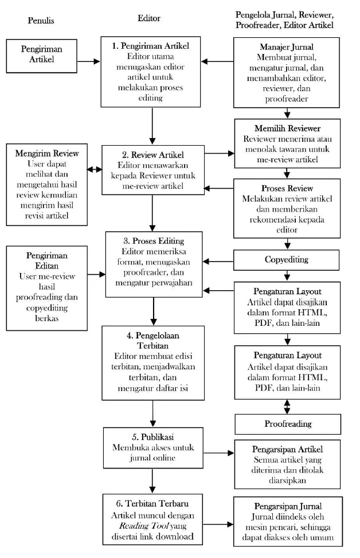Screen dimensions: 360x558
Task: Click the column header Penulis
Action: click(x=41, y=20)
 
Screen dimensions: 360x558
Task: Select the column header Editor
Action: click(x=148, y=18)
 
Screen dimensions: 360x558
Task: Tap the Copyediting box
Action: click(x=287, y=260)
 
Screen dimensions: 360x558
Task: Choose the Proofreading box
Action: click(x=288, y=424)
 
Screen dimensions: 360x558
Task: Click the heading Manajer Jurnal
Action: click(x=287, y=47)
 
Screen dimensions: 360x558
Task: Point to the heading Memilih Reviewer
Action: click(x=287, y=128)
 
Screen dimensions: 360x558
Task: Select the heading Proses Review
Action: click(x=287, y=188)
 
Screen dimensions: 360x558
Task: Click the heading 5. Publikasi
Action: click(x=152, y=437)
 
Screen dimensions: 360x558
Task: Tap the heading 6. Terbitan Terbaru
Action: click(x=152, y=504)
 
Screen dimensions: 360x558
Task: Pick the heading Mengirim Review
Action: click(x=46, y=153)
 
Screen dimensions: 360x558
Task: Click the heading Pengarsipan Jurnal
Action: click(x=288, y=506)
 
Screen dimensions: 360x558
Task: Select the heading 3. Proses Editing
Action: click(x=154, y=241)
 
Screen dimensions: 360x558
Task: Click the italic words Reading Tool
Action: click(x=143, y=526)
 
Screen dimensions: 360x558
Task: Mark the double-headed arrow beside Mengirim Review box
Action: click(x=95, y=170)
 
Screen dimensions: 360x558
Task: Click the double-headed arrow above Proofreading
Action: click(x=287, y=407)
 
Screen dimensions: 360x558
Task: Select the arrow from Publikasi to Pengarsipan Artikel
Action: click(x=219, y=453)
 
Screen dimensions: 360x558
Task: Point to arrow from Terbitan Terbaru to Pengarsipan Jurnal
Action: click(x=218, y=524)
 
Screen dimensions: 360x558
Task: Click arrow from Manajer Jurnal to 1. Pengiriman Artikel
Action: click(x=217, y=61)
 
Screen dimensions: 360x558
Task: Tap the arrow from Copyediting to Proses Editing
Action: click(x=218, y=262)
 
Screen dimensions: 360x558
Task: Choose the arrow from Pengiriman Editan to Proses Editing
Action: click(x=96, y=274)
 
